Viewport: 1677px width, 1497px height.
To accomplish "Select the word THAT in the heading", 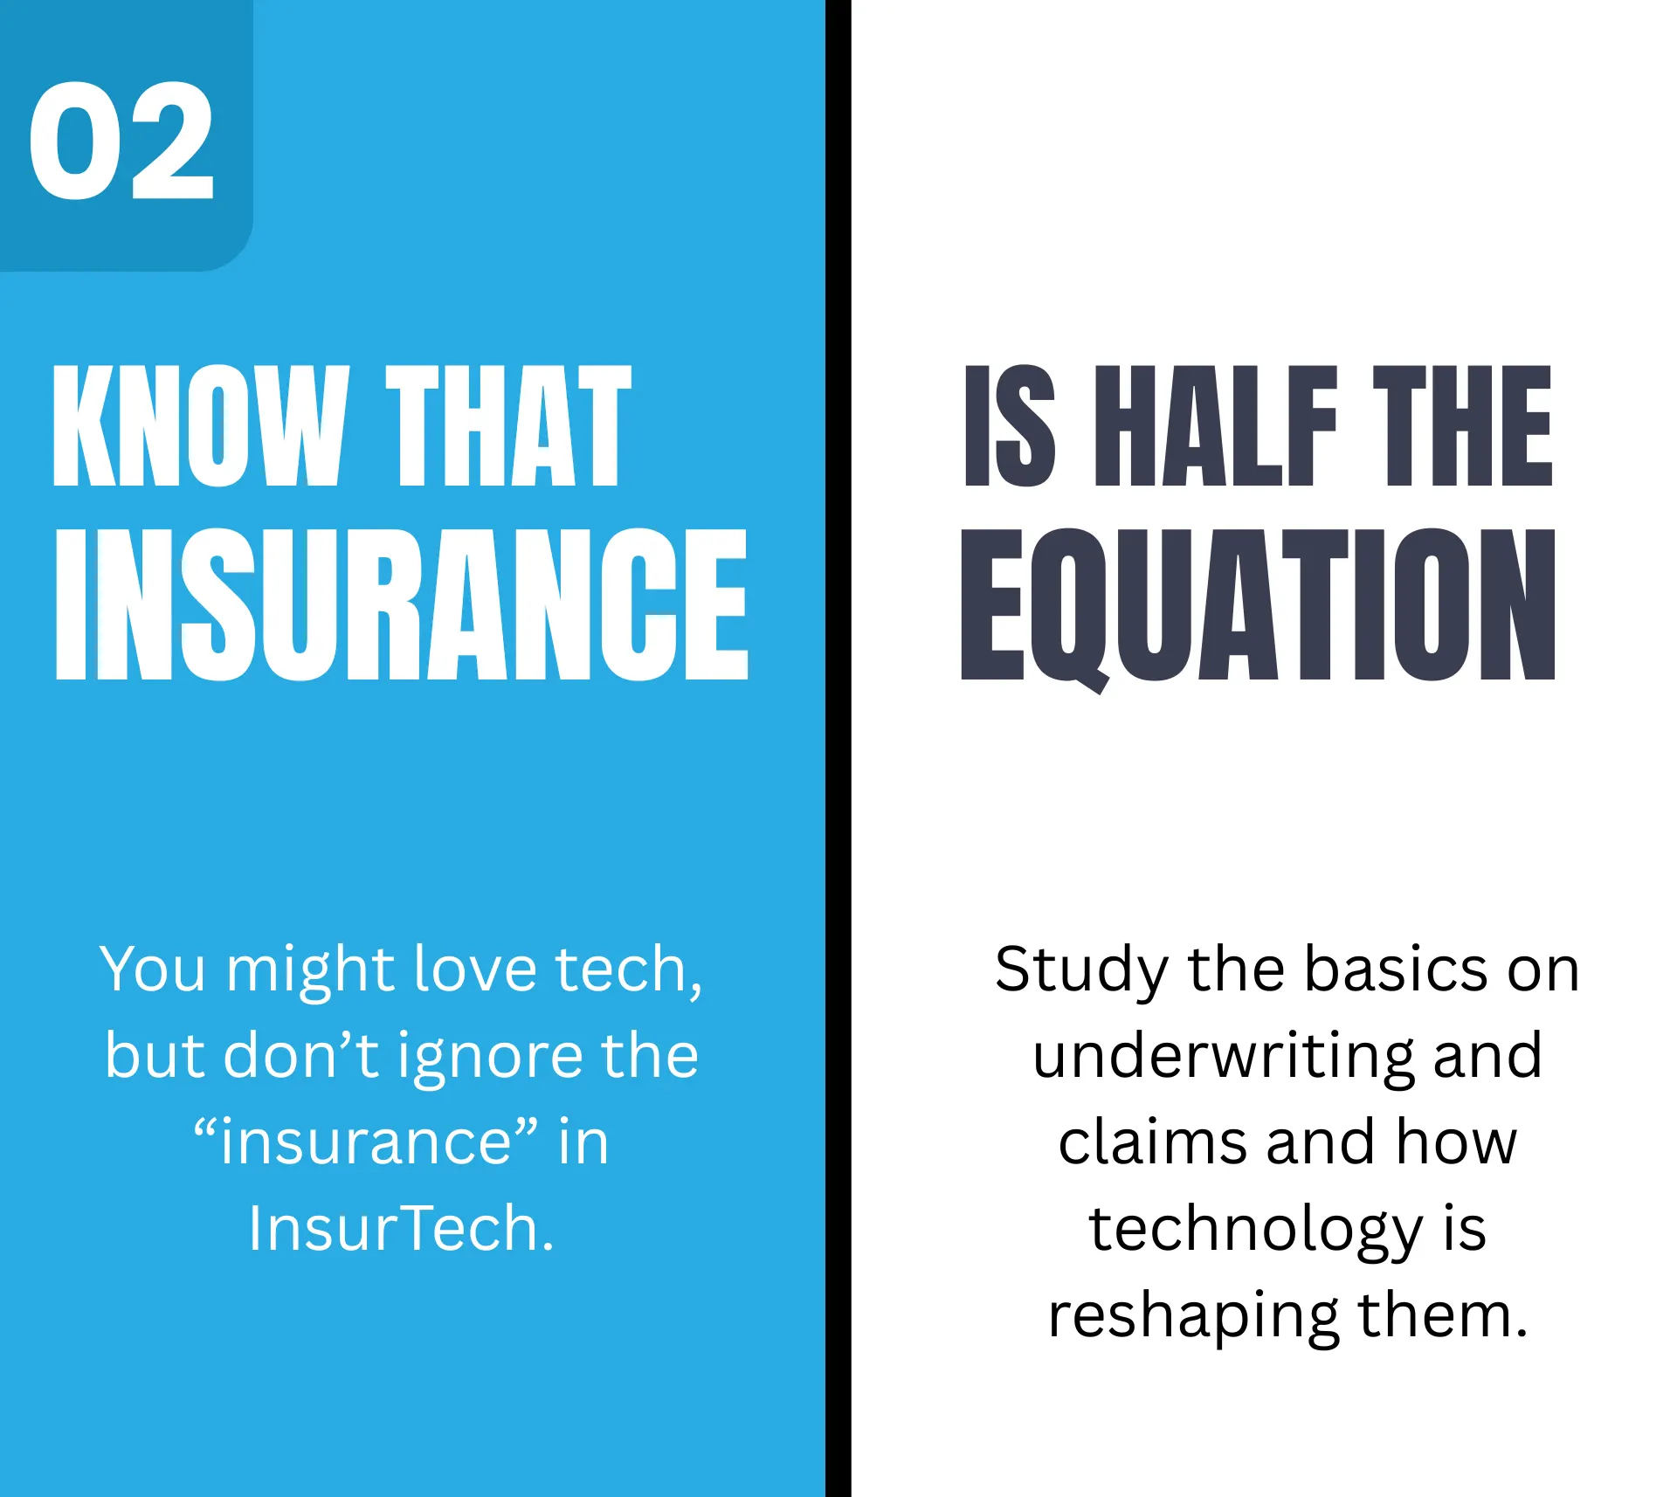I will point(508,425).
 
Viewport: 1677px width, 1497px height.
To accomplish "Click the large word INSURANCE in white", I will point(402,604).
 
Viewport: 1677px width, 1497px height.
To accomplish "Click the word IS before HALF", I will point(1011,425).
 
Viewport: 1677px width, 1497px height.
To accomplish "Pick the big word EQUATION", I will point(1258,604).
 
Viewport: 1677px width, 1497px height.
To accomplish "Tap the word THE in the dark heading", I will point(1462,425).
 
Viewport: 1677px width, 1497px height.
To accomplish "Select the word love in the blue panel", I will point(474,969).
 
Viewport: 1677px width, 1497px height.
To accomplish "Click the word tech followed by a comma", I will point(627,969).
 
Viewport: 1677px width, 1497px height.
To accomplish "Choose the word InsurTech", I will point(401,1228).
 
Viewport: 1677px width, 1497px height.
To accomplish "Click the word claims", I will point(1152,1142).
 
